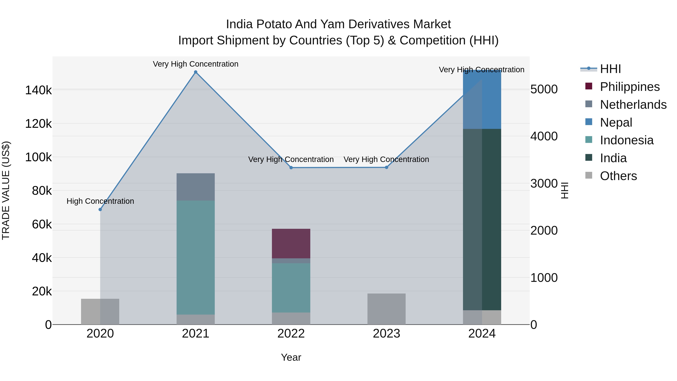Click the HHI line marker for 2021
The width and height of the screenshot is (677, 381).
tap(196, 72)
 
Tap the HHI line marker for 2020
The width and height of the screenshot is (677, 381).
tap(100, 210)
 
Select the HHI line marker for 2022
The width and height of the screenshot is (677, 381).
tap(291, 168)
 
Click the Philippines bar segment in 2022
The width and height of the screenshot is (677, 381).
tap(291, 243)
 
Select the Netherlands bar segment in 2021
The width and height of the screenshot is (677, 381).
tap(196, 187)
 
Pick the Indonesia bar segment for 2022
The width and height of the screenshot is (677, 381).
tap(291, 288)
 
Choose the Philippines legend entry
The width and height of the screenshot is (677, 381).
tap(630, 87)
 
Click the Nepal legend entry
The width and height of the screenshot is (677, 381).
tap(616, 122)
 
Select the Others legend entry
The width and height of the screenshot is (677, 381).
tap(618, 176)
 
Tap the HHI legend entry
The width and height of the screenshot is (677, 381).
tap(610, 69)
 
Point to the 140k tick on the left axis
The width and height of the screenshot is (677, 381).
tap(38, 90)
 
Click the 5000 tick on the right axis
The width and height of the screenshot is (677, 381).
tap(544, 89)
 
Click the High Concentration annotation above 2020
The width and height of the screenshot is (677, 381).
tap(100, 201)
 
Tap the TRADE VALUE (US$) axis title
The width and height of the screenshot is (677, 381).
tap(6, 190)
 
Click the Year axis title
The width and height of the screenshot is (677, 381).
tap(291, 357)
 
